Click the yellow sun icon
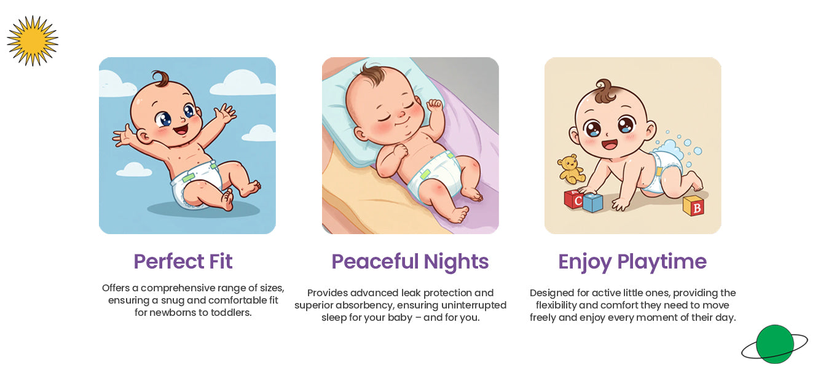(33, 41)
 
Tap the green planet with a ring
(774, 344)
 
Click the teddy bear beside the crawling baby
(571, 169)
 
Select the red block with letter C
(573, 199)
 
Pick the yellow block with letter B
(693, 206)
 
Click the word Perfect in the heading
(169, 262)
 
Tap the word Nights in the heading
(456, 262)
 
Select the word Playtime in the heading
(662, 262)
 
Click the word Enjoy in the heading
(584, 262)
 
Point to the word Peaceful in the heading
(375, 262)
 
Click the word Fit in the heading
(221, 262)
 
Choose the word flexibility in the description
(556, 305)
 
